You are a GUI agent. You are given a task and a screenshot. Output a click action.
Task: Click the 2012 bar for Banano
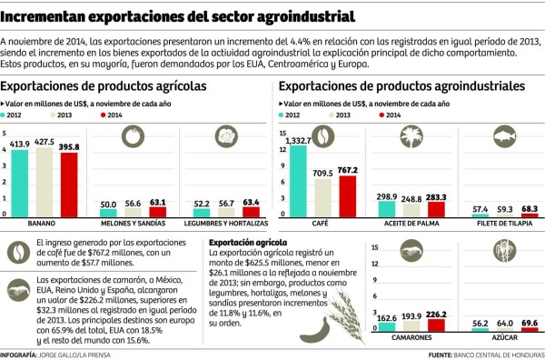(18, 183)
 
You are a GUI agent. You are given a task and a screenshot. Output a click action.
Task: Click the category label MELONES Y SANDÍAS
(132, 223)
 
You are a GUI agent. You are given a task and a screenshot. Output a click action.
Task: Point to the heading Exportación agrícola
(248, 243)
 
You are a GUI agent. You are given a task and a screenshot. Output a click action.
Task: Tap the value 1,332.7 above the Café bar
(300, 139)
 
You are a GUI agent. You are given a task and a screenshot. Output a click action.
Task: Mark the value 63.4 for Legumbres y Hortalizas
(251, 203)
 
